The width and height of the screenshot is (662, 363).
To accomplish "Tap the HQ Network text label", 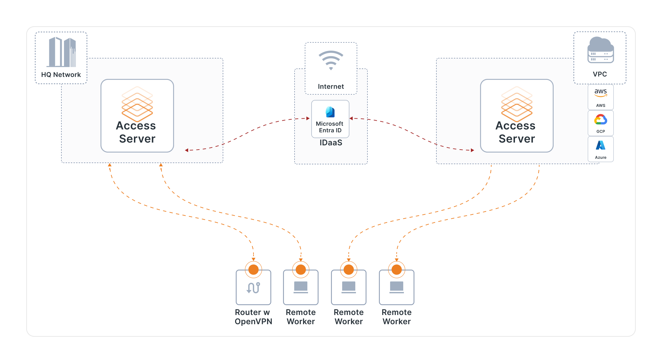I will click(x=61, y=75).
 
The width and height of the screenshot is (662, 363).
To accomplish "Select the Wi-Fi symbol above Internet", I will click(x=331, y=60).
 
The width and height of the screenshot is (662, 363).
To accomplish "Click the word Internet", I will click(x=331, y=86).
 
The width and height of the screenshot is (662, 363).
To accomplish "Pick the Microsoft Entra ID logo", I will click(x=330, y=112).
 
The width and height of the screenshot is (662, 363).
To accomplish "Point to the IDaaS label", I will click(x=331, y=143).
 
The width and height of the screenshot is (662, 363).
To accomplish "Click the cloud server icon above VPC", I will click(x=600, y=50).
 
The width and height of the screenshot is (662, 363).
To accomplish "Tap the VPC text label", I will click(x=600, y=74).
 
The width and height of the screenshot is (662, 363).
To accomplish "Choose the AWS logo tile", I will click(x=601, y=97).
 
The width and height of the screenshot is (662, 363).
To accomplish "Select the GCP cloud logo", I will click(x=601, y=120).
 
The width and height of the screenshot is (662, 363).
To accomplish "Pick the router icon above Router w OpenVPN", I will click(x=253, y=288).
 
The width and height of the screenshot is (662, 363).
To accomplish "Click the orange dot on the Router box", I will click(x=253, y=270).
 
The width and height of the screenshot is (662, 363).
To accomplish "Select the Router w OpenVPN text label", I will click(x=253, y=317).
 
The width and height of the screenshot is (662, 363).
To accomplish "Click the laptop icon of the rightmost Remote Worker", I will click(x=396, y=287).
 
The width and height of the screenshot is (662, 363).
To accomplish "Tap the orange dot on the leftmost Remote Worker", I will click(x=301, y=270).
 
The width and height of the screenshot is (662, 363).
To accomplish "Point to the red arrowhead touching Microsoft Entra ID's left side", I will click(x=308, y=118).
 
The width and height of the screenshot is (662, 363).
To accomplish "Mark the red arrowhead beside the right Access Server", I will click(x=472, y=150).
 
